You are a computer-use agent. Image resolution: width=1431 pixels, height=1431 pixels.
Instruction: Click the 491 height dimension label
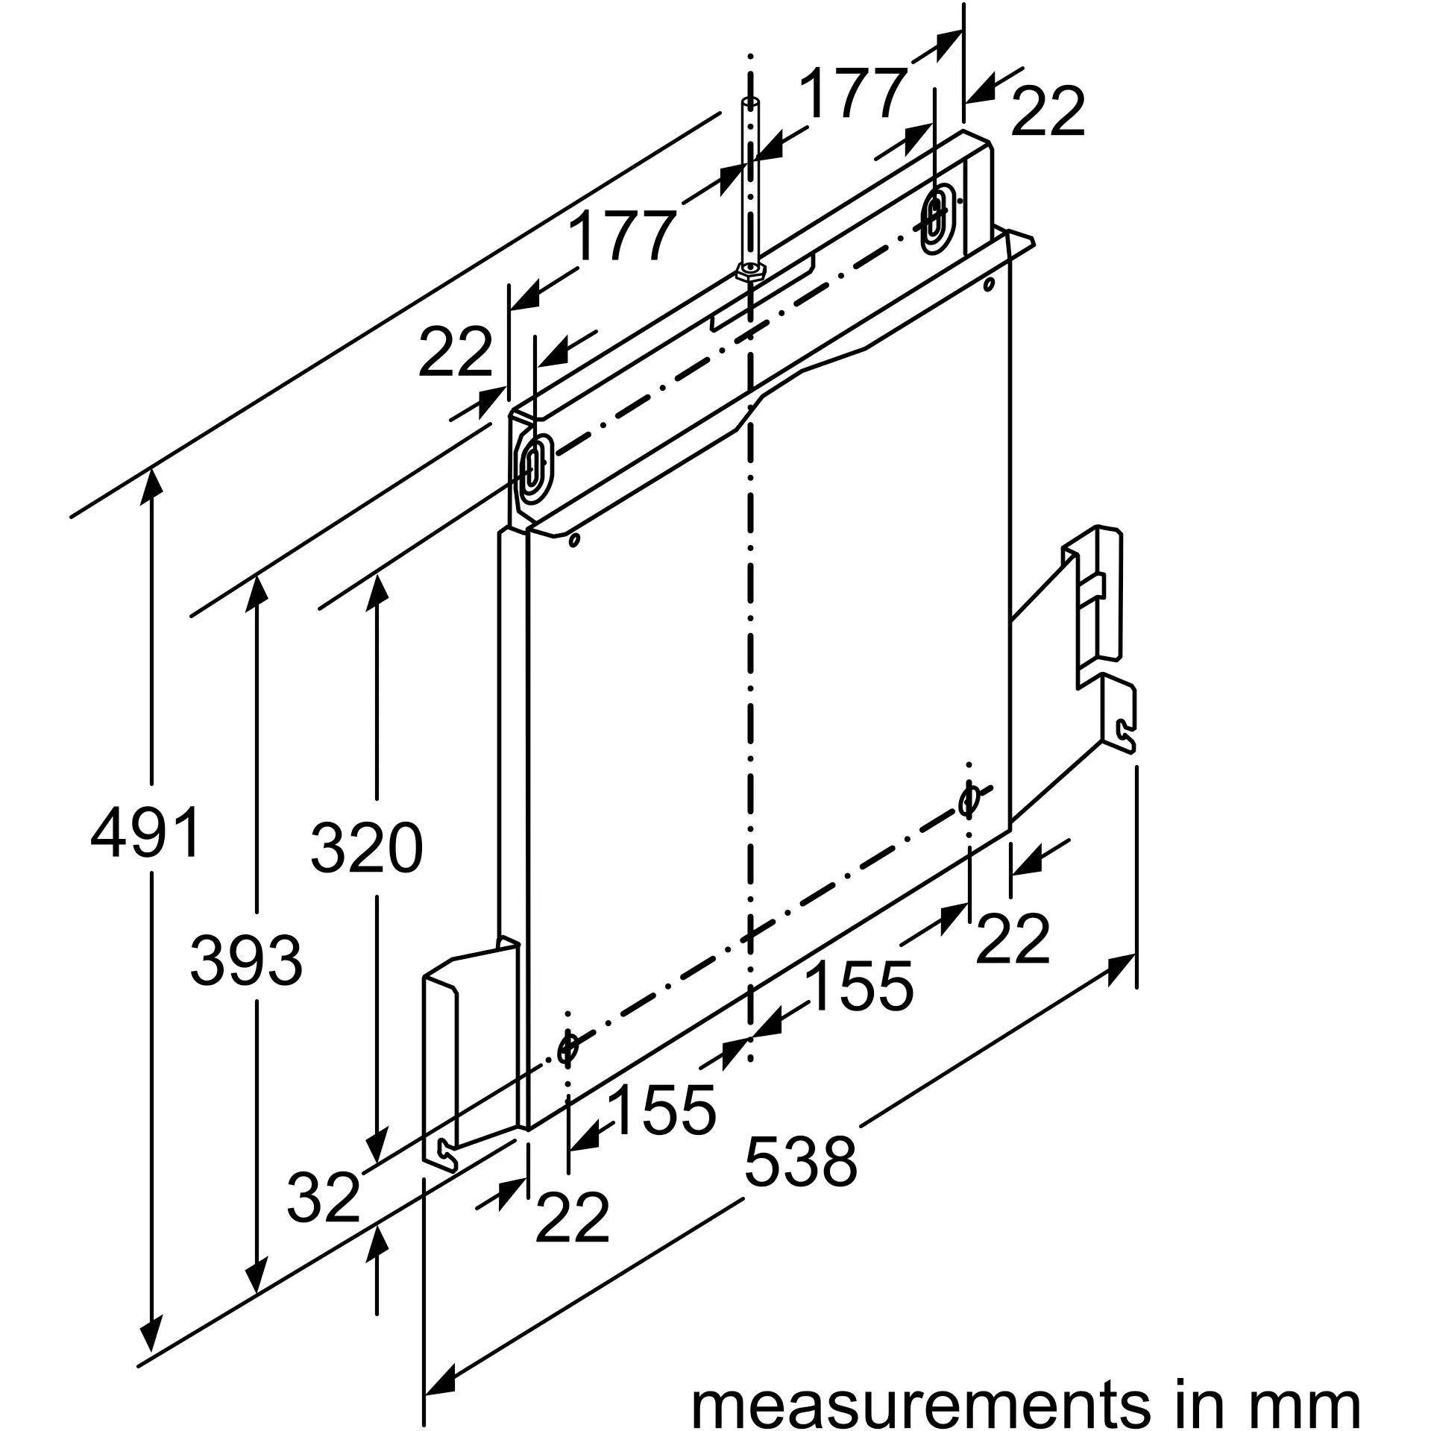click(x=145, y=832)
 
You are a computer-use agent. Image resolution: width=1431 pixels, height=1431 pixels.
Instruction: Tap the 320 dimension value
click(x=367, y=848)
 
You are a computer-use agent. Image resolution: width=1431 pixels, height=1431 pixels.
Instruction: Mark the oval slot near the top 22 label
click(x=934, y=219)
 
